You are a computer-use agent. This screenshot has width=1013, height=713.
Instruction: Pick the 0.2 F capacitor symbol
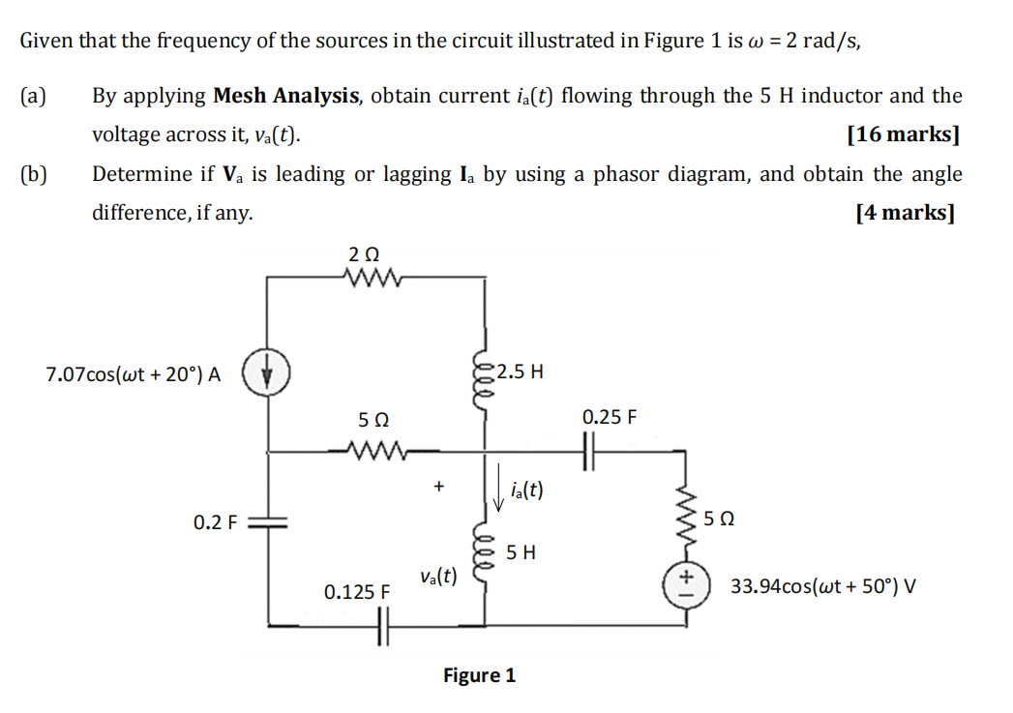pyautogui.click(x=267, y=523)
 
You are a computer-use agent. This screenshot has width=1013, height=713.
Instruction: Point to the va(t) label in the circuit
pyautogui.click(x=438, y=577)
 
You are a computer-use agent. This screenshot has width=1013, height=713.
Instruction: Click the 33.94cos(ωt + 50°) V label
pyautogui.click(x=822, y=586)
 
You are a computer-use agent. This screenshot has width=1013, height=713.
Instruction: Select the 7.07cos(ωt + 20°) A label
pyautogui.click(x=134, y=375)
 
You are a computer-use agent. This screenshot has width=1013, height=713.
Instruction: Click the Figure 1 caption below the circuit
pyautogui.click(x=479, y=675)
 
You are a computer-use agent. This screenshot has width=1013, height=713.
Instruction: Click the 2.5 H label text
pyautogui.click(x=522, y=371)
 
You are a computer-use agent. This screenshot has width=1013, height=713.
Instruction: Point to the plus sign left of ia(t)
pyautogui.click(x=438, y=488)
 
